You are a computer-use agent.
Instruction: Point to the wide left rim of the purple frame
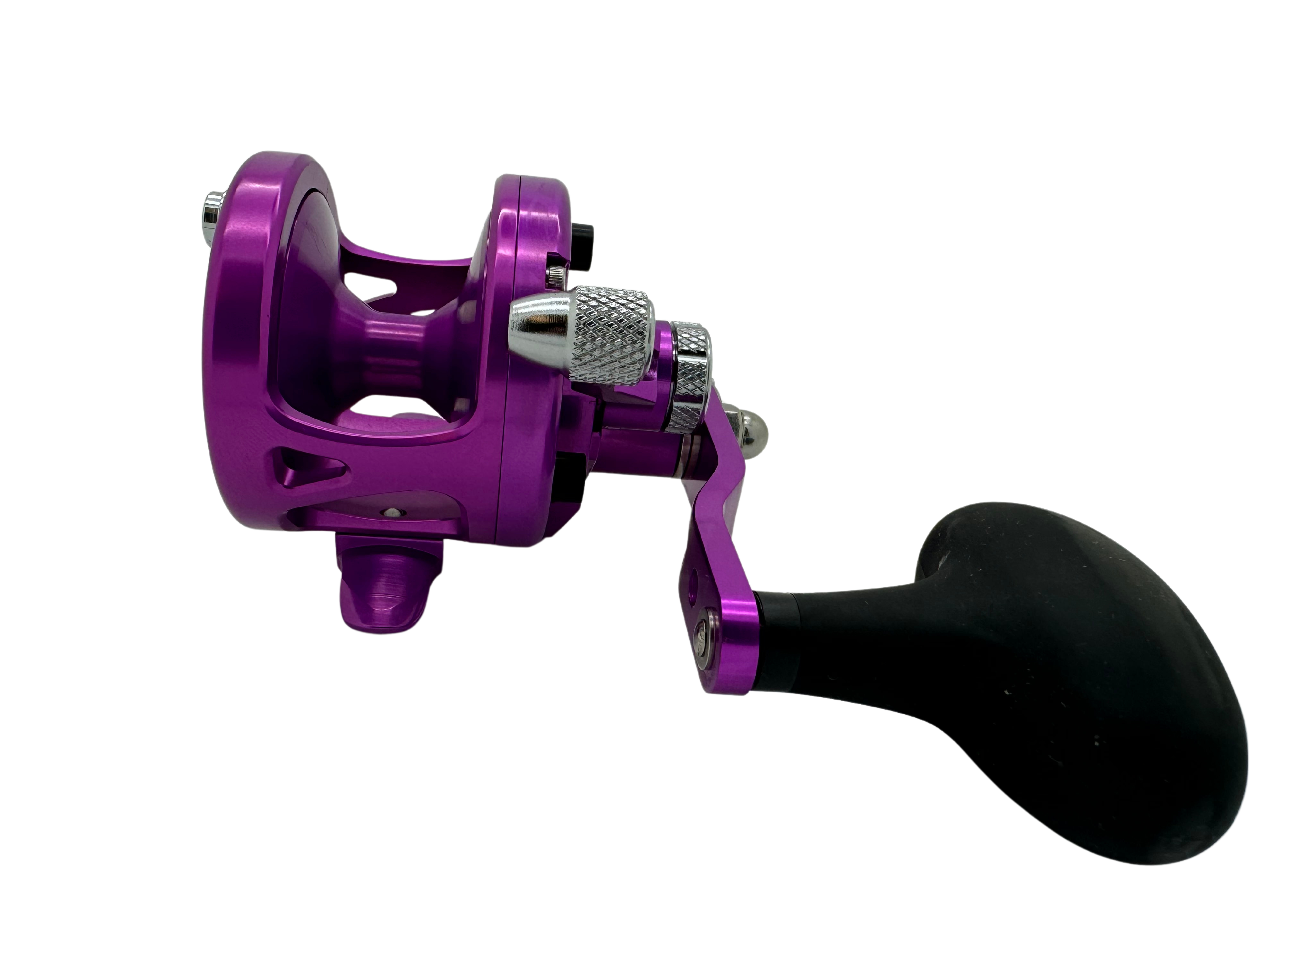(x=234, y=351)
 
